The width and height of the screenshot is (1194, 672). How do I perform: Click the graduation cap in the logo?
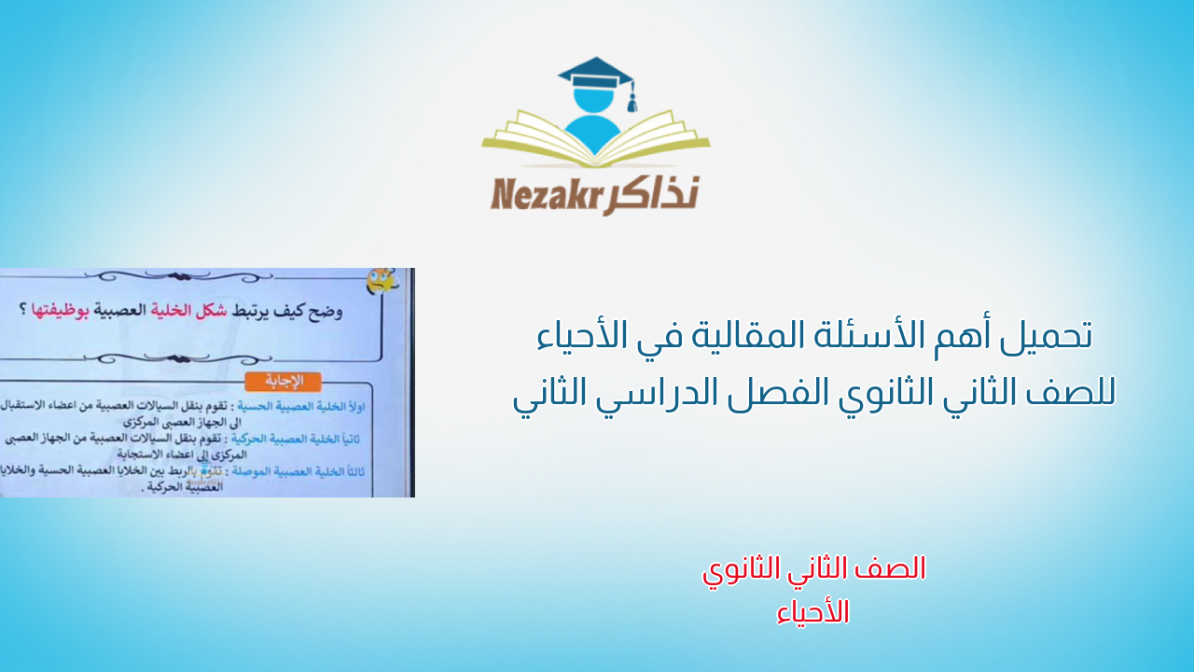(x=594, y=73)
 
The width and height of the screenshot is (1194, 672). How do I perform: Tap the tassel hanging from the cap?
(x=632, y=99)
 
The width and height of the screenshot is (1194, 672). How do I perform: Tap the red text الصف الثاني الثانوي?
(x=813, y=569)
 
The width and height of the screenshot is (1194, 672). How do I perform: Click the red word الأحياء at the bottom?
(x=812, y=612)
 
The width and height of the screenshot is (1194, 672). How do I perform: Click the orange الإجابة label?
(x=284, y=382)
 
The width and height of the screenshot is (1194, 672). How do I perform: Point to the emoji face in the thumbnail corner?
(x=380, y=281)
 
